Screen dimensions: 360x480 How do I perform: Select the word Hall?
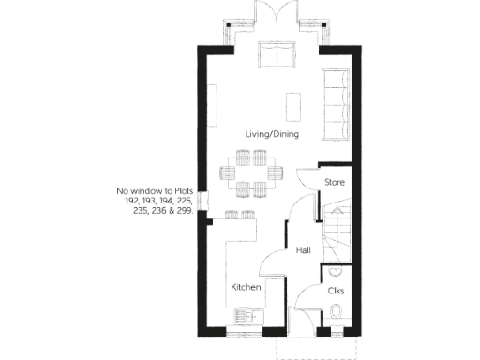pos(304,250)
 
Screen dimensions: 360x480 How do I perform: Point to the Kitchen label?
pos(247,286)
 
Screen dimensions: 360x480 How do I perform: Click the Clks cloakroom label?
pos(336,291)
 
